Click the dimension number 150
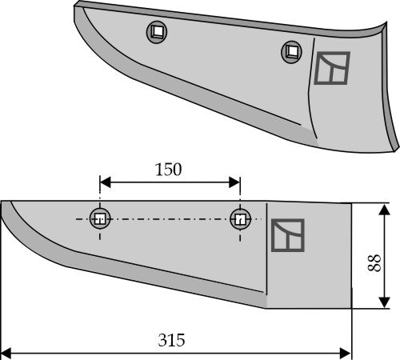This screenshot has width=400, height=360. [169, 170]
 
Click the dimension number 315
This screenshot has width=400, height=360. [172, 340]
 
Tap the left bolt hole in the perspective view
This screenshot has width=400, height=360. [157, 33]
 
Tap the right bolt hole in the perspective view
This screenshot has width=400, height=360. [292, 53]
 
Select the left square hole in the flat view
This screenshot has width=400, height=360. [99, 218]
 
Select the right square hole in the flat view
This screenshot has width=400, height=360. [239, 218]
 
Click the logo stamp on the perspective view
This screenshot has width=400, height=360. [333, 69]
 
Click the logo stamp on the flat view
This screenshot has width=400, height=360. [288, 236]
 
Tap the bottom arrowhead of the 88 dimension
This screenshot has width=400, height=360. [377, 305]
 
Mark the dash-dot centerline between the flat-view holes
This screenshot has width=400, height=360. [169, 218]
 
